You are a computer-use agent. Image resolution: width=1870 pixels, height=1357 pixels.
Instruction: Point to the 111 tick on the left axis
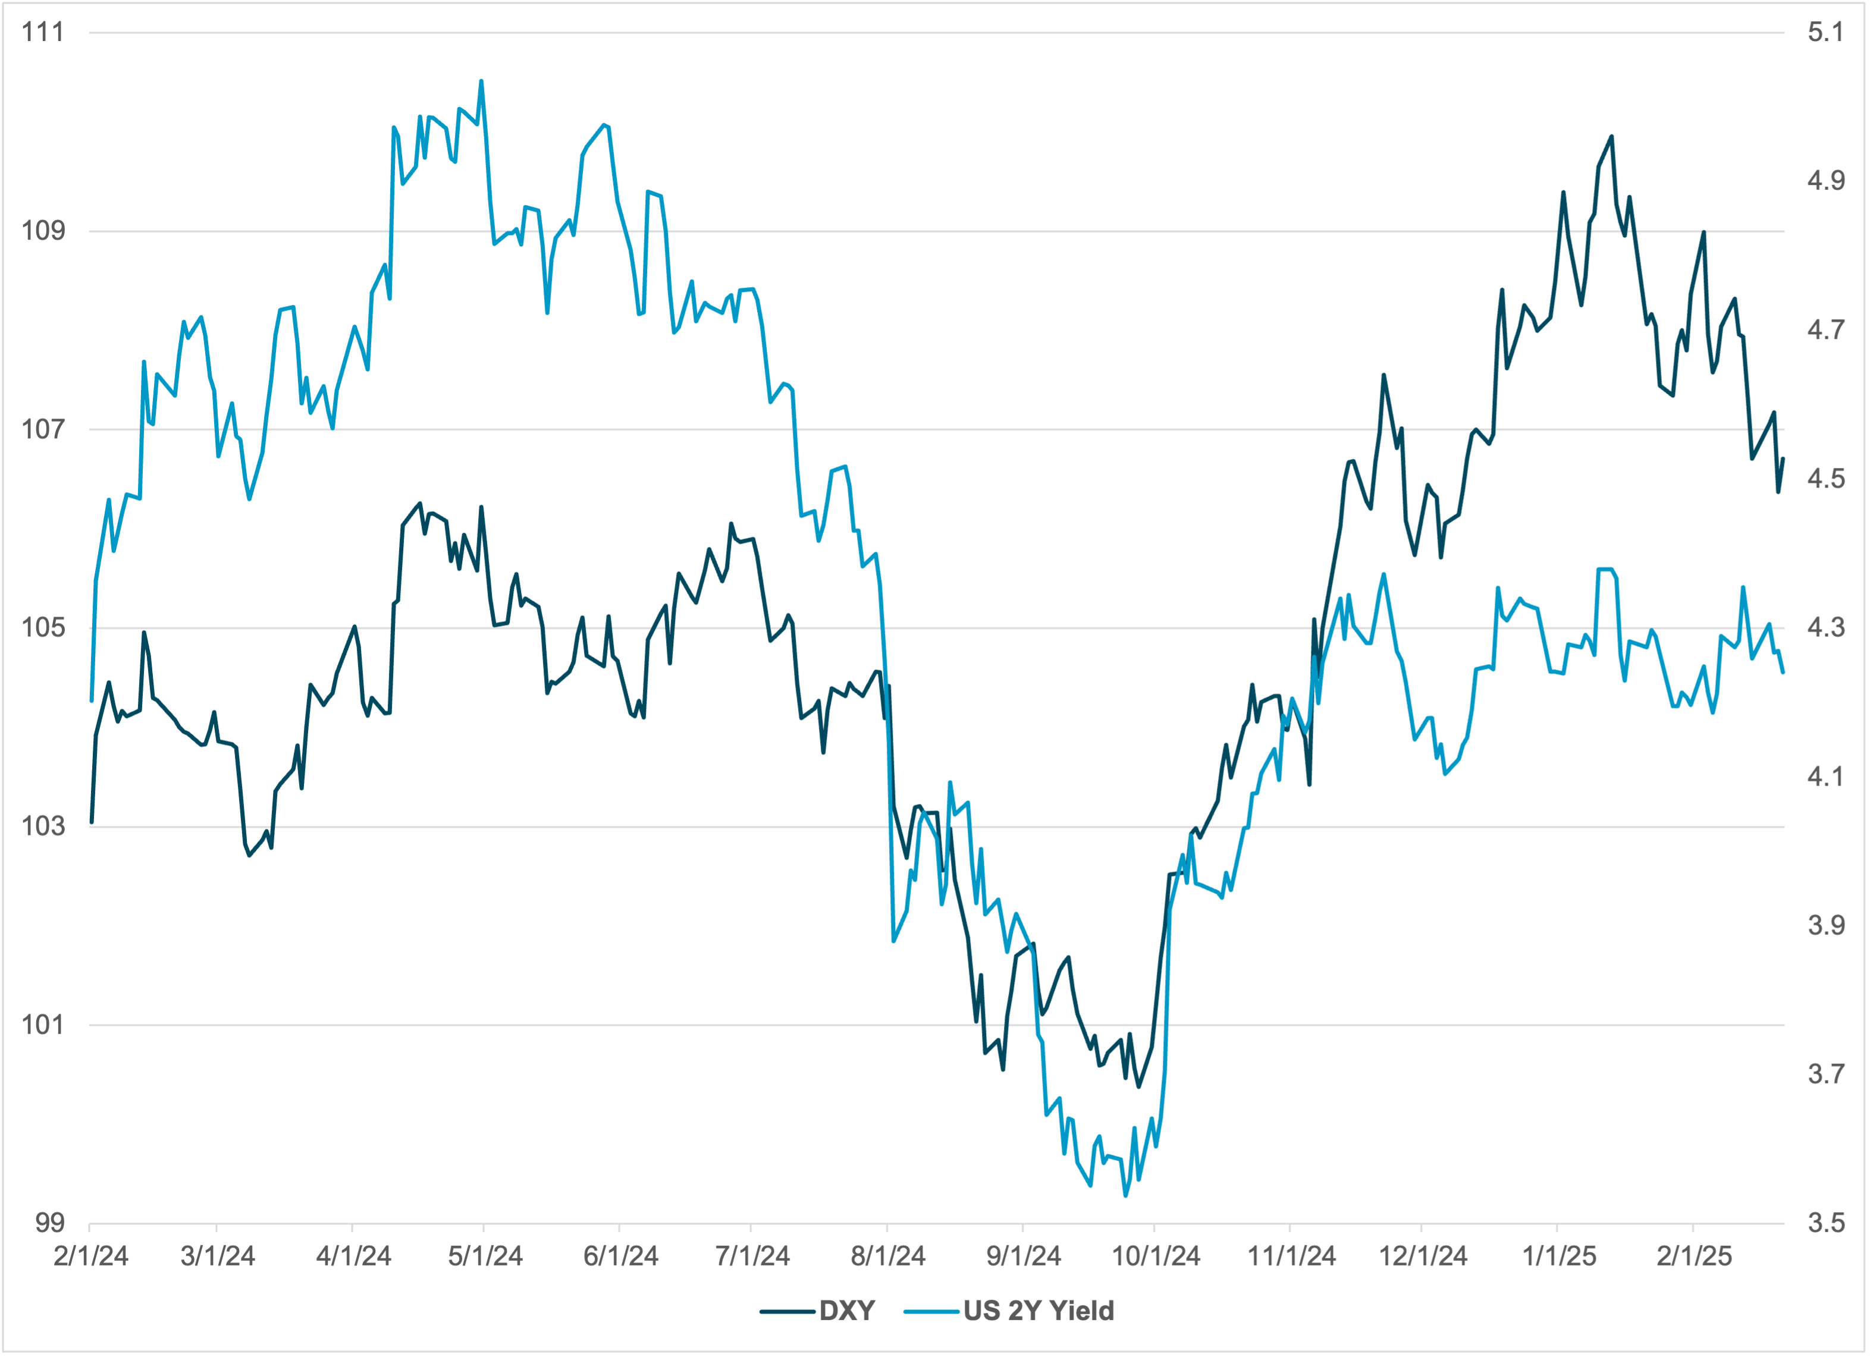[x=42, y=32]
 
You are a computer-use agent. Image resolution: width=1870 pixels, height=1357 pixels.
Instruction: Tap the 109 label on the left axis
[x=42, y=231]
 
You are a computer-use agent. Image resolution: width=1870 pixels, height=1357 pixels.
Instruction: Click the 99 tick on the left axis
[x=49, y=1223]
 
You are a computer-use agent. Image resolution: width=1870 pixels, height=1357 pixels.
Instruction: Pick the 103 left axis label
[x=42, y=826]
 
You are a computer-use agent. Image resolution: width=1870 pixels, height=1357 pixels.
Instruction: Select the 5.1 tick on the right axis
[x=1825, y=32]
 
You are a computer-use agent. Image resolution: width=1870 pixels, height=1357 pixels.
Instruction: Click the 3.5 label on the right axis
[x=1825, y=1223]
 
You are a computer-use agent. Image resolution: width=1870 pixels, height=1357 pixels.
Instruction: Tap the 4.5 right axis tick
[x=1825, y=478]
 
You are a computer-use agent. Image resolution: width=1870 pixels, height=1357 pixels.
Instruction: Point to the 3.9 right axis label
[x=1825, y=925]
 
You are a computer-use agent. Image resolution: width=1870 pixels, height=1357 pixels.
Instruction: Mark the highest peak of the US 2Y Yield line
[x=482, y=81]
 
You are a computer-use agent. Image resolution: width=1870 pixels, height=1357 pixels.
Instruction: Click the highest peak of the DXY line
[x=1611, y=137]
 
